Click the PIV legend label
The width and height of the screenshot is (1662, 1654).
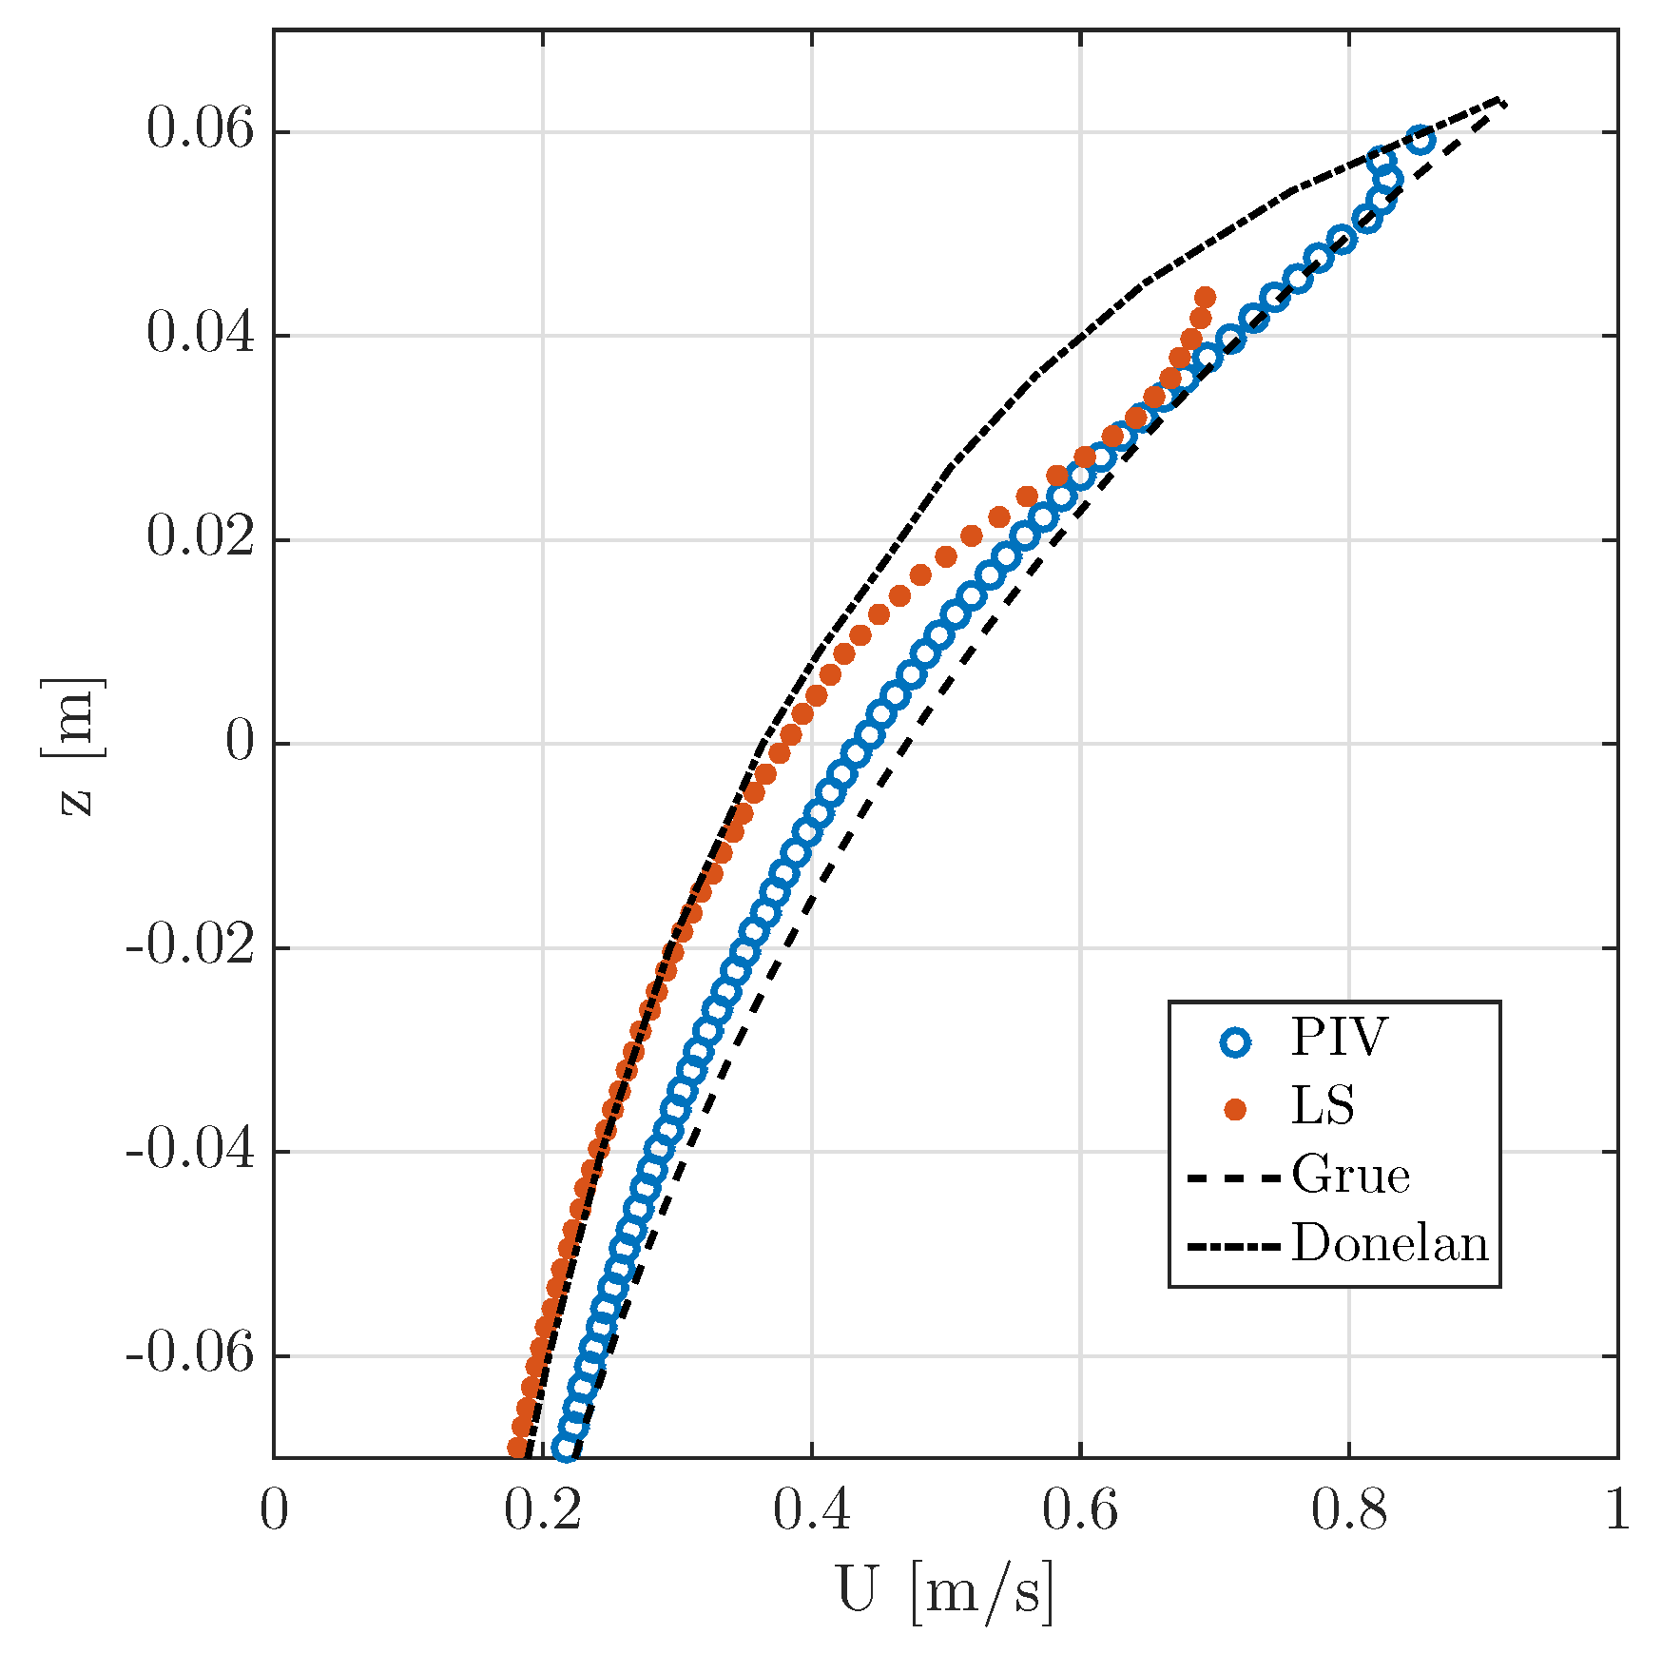1339,1039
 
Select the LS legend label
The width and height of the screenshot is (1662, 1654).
1322,1107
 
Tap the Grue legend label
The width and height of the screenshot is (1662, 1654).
1350,1177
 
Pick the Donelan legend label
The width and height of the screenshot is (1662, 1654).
1389,1245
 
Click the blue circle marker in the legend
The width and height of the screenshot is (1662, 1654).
1235,1041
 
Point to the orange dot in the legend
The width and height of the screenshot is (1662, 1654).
1235,1110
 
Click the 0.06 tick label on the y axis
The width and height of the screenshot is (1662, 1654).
201,130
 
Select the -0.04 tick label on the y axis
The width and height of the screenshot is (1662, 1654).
190,1151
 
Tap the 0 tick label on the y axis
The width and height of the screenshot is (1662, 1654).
240,743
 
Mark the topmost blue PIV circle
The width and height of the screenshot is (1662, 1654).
1420,140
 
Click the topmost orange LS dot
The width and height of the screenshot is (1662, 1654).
1205,297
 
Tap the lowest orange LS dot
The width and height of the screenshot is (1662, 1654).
517,1449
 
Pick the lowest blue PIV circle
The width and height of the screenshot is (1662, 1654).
566,1449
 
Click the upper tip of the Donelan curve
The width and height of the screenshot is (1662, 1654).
1498,98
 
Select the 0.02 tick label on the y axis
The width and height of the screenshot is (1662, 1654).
201,538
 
